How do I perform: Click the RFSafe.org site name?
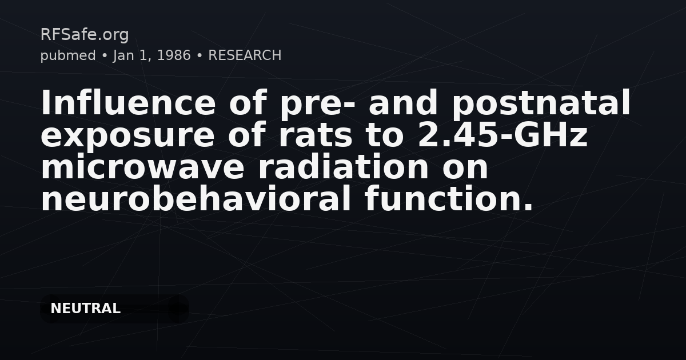pyautogui.click(x=85, y=35)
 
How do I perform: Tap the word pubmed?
pyautogui.click(x=67, y=55)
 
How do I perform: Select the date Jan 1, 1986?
pyautogui.click(x=152, y=55)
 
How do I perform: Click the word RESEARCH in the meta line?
pyautogui.click(x=245, y=55)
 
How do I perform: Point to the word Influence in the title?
pyautogui.click(x=126, y=104)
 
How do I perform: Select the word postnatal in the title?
pyautogui.click(x=541, y=104)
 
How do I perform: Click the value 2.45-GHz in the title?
pyautogui.click(x=503, y=136)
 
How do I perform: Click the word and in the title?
pyautogui.click(x=404, y=104)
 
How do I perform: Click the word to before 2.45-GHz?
pyautogui.click(x=389, y=136)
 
